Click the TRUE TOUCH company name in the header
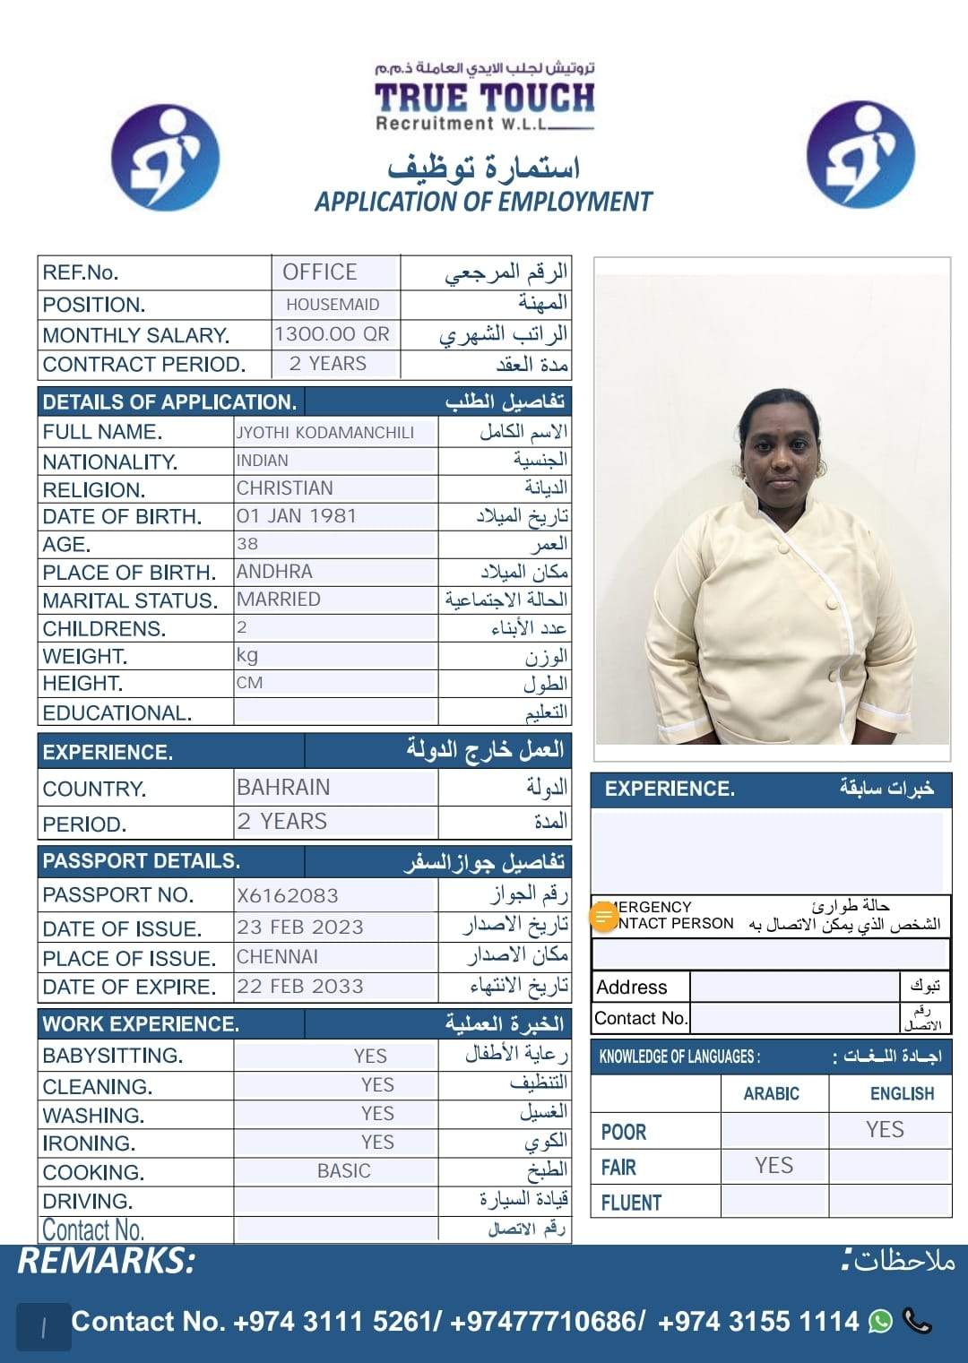(484, 98)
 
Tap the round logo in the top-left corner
(165, 158)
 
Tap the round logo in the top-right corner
(860, 155)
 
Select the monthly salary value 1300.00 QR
(333, 334)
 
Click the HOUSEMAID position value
(333, 305)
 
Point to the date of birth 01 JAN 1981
(297, 516)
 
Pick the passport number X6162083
(288, 895)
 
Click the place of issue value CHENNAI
(278, 957)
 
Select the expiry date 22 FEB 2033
(300, 987)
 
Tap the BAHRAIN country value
(283, 788)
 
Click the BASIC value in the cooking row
(344, 1171)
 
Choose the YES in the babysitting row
(370, 1057)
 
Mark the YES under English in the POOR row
(885, 1130)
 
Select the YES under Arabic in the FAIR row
(774, 1166)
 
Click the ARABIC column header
(772, 1094)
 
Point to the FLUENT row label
(631, 1203)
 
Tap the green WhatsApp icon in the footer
(881, 1321)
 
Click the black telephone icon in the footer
(918, 1321)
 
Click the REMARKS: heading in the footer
(107, 1261)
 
